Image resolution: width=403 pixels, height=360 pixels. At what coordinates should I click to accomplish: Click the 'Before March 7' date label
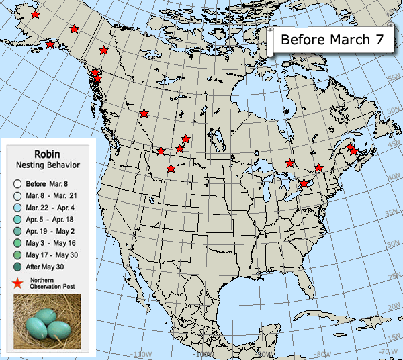[x=332, y=40]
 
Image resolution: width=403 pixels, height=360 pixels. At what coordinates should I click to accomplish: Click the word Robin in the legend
[x=48, y=153]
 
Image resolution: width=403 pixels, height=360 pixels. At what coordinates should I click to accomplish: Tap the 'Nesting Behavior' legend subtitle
[x=48, y=165]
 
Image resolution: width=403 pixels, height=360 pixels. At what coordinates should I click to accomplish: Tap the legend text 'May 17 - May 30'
[x=51, y=255]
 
